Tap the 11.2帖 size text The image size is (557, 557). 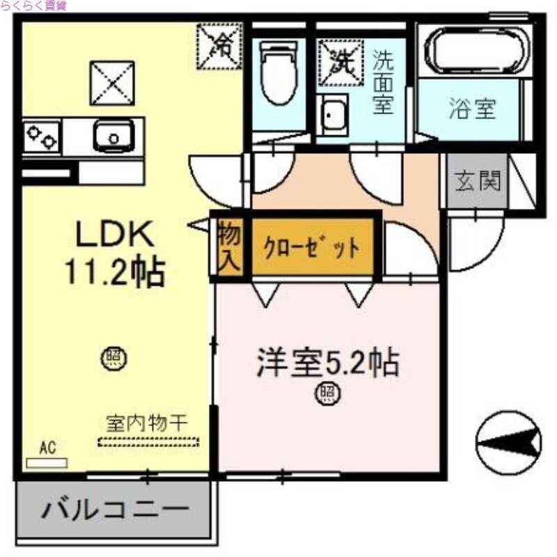coord(115,272)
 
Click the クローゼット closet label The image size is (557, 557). coord(311,248)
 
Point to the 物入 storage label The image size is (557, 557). coord(228,247)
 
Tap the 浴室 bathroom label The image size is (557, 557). coord(472,109)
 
